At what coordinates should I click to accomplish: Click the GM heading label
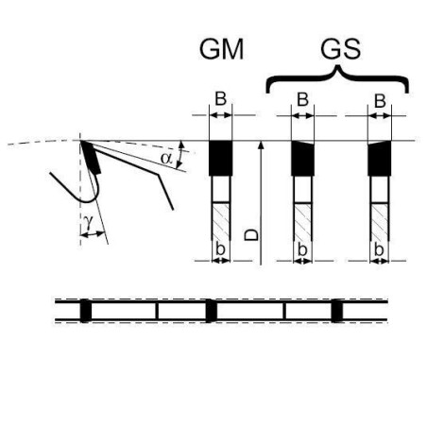[222, 49]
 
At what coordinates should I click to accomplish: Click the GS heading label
[340, 49]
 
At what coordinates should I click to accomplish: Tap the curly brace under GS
[337, 78]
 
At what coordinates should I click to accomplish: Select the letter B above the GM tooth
[220, 98]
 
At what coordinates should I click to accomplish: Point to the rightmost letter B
[380, 101]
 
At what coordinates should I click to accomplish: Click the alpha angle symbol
[166, 158]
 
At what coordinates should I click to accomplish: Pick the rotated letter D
[251, 235]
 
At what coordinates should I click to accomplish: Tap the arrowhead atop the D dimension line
[261, 145]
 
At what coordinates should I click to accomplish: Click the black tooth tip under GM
[220, 158]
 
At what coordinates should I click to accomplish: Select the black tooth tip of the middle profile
[302, 158]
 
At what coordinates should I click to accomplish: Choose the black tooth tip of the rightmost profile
[380, 158]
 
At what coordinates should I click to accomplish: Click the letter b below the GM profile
[220, 249]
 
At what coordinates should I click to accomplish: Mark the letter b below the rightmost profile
[379, 250]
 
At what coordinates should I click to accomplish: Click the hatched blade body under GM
[220, 222]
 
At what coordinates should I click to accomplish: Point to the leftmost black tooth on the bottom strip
[86, 311]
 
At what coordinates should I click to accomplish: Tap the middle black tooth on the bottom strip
[211, 311]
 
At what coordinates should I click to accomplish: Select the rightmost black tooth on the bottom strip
[336, 311]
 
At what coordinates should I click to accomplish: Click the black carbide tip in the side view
[91, 158]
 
